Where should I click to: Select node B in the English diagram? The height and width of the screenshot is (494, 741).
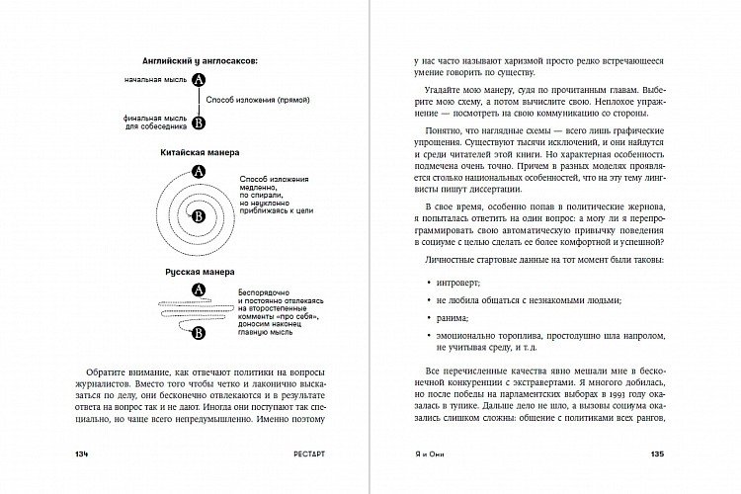[x=199, y=123]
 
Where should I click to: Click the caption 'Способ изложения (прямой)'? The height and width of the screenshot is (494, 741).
[x=255, y=102]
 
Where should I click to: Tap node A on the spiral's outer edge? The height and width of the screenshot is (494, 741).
[x=199, y=172]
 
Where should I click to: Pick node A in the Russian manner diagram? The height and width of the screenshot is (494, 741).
[x=197, y=289]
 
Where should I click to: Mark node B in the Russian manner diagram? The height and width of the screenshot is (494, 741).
[x=198, y=333]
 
